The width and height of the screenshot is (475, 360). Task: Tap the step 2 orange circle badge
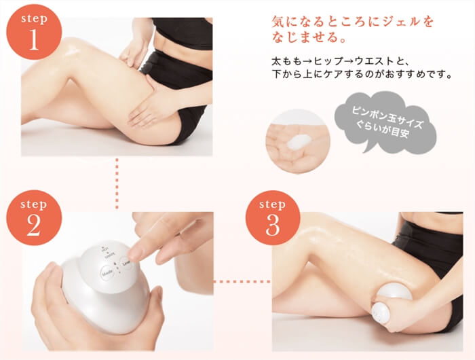[x=33, y=218]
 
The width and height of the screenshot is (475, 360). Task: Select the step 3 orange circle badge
[x=272, y=218]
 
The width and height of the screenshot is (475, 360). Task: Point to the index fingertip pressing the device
[x=135, y=254]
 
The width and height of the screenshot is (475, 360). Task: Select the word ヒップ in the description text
[x=332, y=60]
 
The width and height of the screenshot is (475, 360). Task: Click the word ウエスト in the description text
[x=386, y=60]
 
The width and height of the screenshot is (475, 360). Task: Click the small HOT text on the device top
[x=102, y=252]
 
